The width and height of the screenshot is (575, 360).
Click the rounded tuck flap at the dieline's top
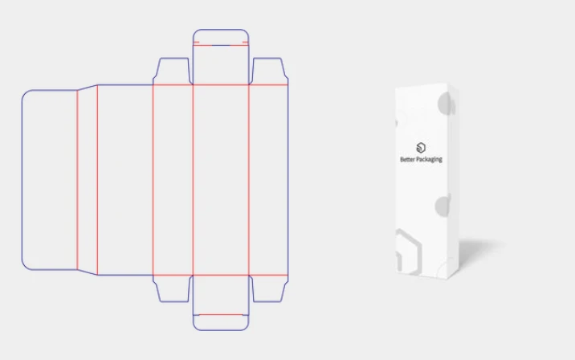point(221,37)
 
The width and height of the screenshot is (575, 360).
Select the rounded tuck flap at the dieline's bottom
point(221,322)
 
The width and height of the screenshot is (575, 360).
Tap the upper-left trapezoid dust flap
point(173,72)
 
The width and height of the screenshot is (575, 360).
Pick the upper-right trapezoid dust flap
point(269,72)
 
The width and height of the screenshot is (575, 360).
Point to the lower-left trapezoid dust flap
point(173,288)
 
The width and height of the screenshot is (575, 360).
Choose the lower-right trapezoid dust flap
point(269,288)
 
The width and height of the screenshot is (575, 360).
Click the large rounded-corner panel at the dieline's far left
point(50,180)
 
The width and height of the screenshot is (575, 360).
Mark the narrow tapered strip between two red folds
point(88,180)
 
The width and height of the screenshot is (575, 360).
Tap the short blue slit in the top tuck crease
point(221,46)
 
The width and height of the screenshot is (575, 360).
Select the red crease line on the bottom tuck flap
point(221,314)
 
